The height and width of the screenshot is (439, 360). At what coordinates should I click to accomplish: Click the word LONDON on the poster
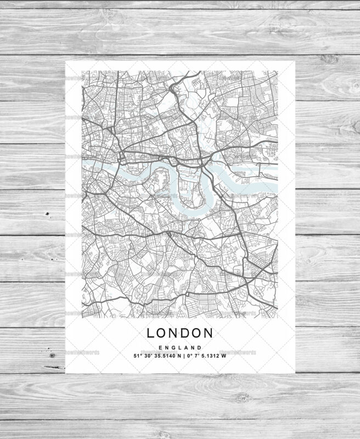tap(179, 333)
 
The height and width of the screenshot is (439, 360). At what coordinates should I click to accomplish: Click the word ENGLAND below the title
tap(179, 347)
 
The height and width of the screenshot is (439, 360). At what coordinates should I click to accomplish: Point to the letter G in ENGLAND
tap(173, 347)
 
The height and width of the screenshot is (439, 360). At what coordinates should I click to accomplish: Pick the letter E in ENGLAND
tap(160, 347)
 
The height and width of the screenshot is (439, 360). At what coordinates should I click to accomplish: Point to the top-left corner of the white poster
tap(66, 61)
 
